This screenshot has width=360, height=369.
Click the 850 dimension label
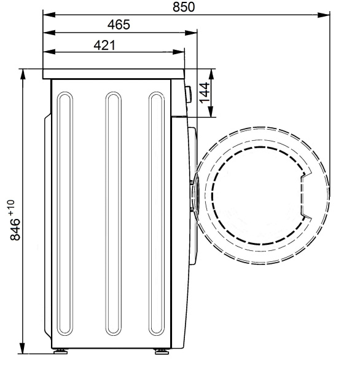[x=184, y=7]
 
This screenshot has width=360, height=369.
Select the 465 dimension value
[x=119, y=25]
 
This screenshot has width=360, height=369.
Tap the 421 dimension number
[x=104, y=45]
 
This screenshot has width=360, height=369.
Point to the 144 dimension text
[x=205, y=92]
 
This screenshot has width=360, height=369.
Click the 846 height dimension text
[x=15, y=229]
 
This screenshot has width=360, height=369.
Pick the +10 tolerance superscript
[x=11, y=207]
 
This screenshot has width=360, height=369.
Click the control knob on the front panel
[x=188, y=94]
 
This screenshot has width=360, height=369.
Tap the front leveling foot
[x=162, y=351]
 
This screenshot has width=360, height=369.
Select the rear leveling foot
[x=60, y=351]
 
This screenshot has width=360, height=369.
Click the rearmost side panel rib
[x=65, y=213]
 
